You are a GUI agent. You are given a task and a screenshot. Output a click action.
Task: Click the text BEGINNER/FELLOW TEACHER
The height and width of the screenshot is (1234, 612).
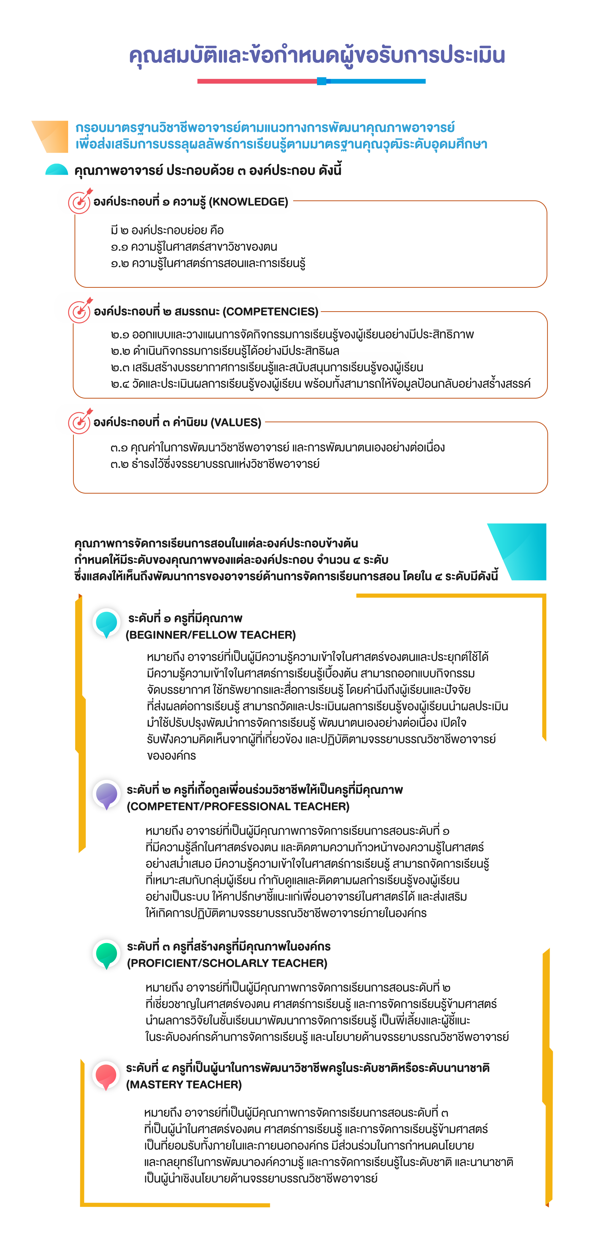(211, 635)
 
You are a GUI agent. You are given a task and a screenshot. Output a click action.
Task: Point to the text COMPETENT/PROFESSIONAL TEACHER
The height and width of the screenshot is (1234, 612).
(238, 807)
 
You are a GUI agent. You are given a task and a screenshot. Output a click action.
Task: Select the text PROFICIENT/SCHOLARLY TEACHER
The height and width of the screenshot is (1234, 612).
(227, 963)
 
